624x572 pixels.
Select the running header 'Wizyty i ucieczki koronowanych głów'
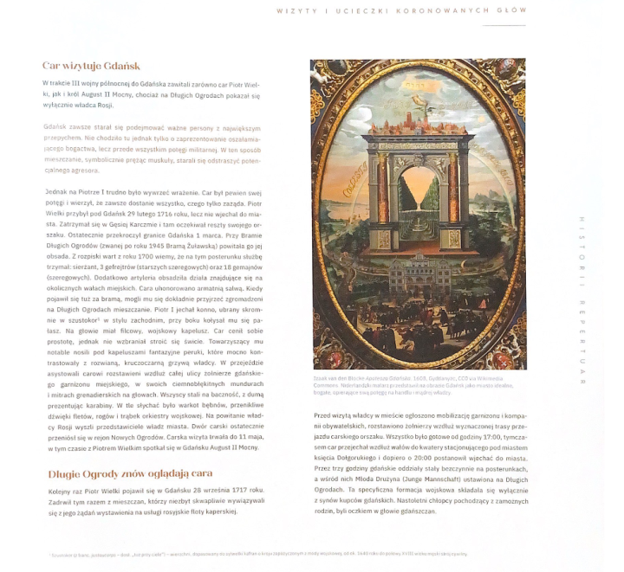(400, 10)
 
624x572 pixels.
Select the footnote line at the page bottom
(251, 553)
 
